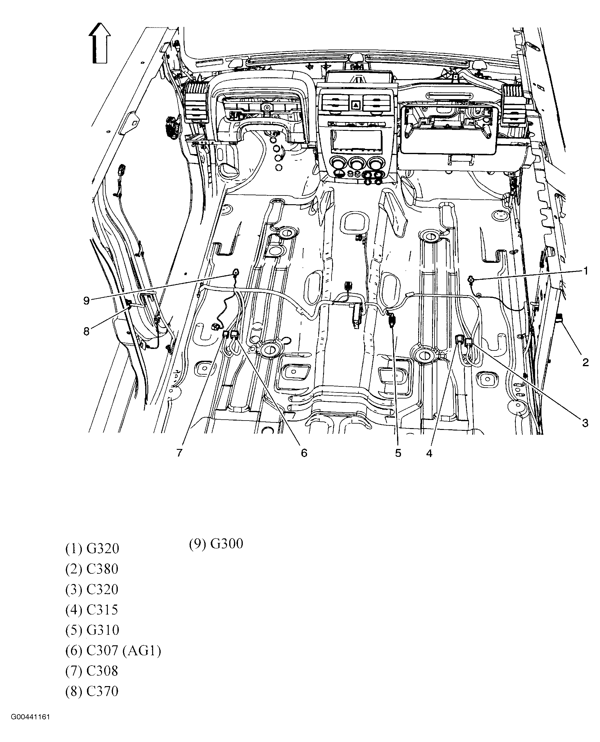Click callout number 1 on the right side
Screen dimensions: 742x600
586,271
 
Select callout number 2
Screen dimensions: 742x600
585,362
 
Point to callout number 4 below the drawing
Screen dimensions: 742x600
429,453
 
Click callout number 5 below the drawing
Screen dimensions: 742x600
398,453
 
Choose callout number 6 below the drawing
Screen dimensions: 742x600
304,453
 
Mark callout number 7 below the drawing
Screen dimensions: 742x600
179,453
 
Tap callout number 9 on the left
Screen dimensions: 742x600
86,301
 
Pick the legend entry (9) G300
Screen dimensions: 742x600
216,544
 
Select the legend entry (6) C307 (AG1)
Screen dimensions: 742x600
113,651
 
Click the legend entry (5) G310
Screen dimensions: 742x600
92,630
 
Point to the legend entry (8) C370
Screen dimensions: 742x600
92,691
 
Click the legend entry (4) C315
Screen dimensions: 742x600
92,610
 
